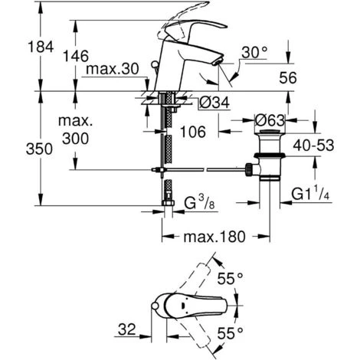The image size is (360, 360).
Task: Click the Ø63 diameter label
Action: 268,119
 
